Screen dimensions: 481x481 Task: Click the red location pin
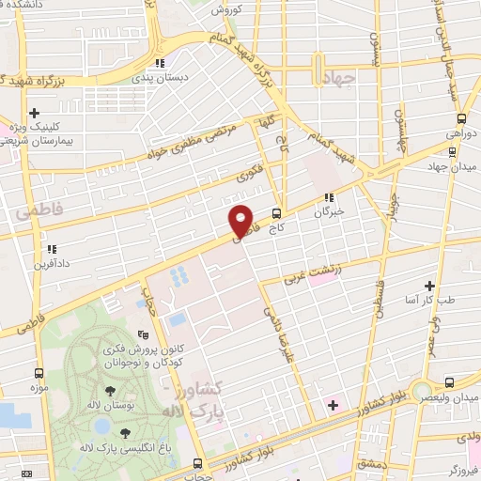point(241,222)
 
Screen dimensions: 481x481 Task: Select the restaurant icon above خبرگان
point(330,198)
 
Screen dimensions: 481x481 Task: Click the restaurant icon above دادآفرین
point(52,250)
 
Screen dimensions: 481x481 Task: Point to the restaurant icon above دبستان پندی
point(162,63)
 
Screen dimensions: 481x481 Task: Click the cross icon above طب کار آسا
point(429,286)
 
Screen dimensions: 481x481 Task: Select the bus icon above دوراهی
point(461,119)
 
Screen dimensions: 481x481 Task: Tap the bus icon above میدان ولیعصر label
point(449,381)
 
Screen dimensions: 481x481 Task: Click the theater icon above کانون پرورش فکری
point(143,334)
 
